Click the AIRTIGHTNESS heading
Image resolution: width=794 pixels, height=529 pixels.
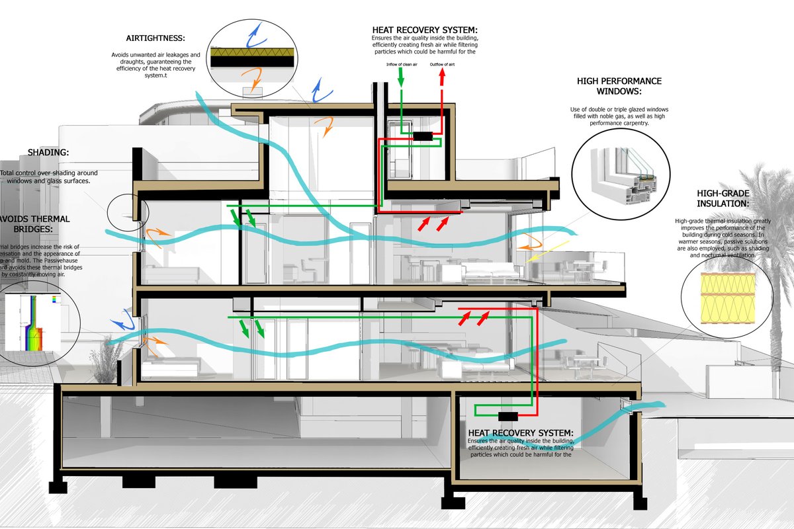[x=155, y=38]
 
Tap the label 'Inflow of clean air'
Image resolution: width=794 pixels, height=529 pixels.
[x=401, y=64]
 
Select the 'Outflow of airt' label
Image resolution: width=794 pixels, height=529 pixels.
[x=443, y=64]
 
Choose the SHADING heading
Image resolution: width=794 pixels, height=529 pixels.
[x=48, y=153]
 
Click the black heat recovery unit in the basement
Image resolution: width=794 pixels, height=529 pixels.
[x=509, y=416]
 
